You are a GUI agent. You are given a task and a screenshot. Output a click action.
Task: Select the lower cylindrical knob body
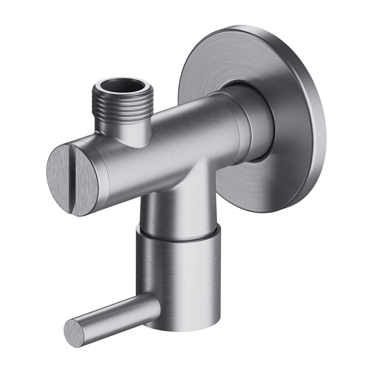[x=179, y=274]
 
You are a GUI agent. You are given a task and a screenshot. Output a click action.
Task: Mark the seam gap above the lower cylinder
[x=179, y=235]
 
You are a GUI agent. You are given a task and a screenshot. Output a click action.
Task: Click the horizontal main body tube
[x=174, y=144]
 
